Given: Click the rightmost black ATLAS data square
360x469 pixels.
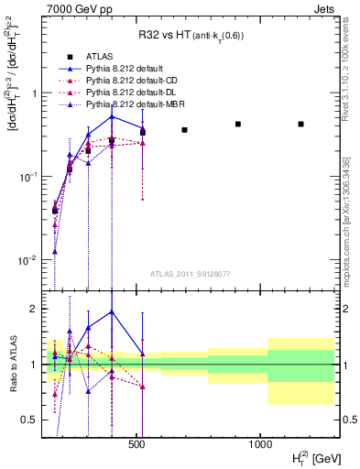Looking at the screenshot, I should (x=300, y=124).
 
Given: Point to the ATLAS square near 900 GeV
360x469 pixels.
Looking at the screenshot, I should (x=238, y=124).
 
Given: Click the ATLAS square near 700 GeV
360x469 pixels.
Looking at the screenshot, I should (x=184, y=130).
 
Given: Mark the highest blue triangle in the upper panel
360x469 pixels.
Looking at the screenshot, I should (x=112, y=116).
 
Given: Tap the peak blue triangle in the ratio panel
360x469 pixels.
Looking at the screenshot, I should (x=112, y=311).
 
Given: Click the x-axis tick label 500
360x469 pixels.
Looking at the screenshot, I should (x=136, y=443).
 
